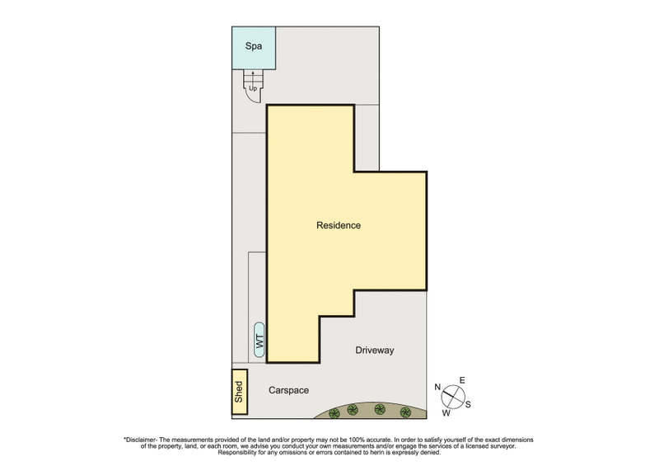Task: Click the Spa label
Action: (x=254, y=47)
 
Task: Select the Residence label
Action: (x=339, y=225)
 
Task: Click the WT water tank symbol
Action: (x=259, y=340)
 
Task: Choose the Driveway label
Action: (x=375, y=351)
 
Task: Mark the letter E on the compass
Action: (x=462, y=380)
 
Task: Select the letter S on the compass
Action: (x=469, y=403)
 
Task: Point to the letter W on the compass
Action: (x=446, y=412)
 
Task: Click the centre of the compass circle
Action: (x=452, y=396)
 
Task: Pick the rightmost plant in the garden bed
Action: (x=404, y=412)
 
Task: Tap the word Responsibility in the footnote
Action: (x=241, y=453)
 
